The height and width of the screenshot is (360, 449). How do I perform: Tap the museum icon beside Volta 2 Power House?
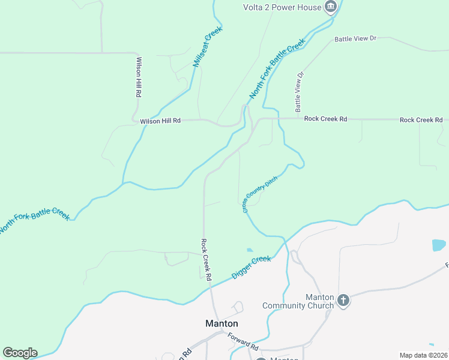click(330, 7)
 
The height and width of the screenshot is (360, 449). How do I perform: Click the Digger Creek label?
click(252, 268)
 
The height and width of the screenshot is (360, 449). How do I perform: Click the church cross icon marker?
click(343, 300)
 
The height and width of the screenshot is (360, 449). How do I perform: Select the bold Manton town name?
click(221, 323)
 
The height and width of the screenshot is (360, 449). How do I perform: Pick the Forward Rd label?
click(243, 343)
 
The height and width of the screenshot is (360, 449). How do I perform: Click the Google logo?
click(20, 353)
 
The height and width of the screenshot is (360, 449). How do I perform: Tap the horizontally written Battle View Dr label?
click(355, 38)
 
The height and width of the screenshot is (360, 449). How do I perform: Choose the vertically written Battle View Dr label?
click(299, 92)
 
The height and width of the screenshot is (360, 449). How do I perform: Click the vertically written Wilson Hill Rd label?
click(139, 77)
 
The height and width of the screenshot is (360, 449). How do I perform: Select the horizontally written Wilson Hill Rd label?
click(160, 121)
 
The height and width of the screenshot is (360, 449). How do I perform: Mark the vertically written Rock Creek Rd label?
click(205, 260)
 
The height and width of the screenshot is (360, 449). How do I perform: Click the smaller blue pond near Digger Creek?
click(250, 250)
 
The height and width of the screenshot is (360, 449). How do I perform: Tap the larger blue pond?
click(439, 245)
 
